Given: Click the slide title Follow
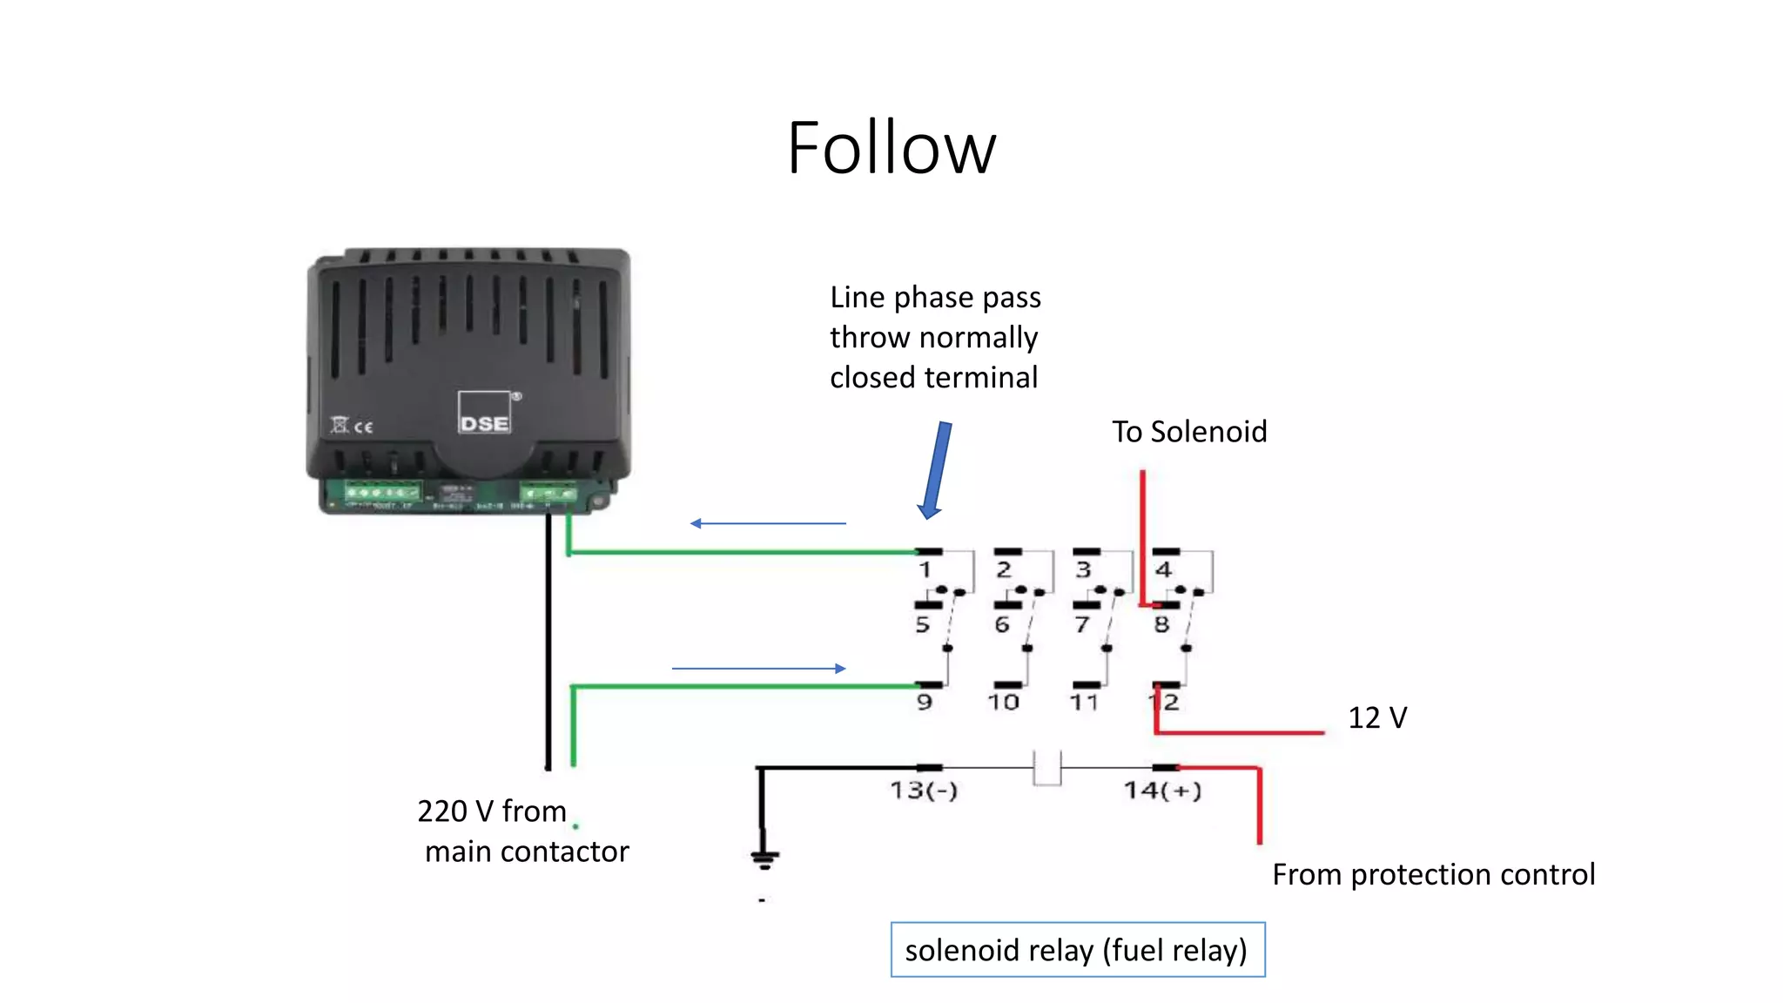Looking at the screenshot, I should click(891, 148).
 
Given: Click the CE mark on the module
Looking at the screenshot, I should click(363, 427).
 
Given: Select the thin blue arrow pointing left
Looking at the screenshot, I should click(767, 523).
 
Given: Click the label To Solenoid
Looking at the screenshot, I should click(1189, 432).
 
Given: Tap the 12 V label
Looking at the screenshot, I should click(1377, 718).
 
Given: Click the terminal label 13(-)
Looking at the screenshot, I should click(924, 791).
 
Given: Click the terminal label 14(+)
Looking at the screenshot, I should click(1163, 791).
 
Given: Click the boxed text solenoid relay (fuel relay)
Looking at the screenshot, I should click(1077, 950).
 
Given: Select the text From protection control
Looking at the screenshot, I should click(1433, 874).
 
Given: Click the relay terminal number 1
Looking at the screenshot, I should click(925, 570).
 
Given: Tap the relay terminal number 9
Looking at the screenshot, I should click(925, 702).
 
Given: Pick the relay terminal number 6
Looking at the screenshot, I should click(1002, 624).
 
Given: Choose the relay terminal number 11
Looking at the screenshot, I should click(1084, 702).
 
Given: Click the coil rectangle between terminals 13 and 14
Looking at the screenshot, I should click(1046, 768).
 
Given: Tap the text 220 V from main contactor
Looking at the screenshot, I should click(522, 831).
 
